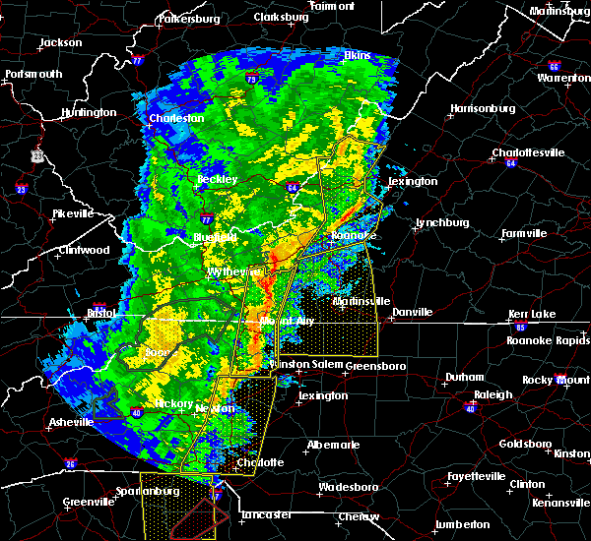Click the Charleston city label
point(175,118)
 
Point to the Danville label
point(412,312)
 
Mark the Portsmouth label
point(33,74)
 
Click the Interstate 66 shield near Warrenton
point(556,67)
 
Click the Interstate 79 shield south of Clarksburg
point(253,78)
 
